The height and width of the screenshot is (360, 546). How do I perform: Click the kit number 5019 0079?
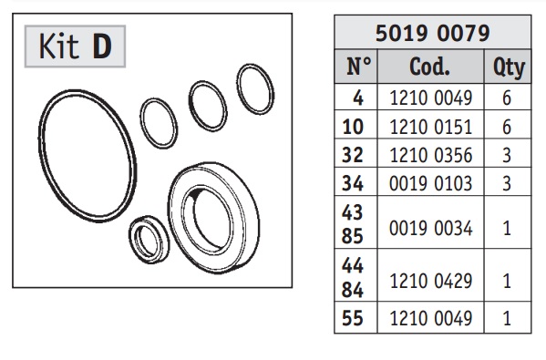(432, 33)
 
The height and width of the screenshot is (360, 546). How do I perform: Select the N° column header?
(359, 67)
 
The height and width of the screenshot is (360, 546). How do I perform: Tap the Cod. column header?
(429, 67)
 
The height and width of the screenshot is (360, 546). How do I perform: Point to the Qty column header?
(509, 67)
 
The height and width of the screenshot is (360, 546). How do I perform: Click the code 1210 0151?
(431, 127)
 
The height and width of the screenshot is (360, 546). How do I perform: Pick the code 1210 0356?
(431, 155)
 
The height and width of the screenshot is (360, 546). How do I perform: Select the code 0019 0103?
(431, 183)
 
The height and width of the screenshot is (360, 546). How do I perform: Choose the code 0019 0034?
(431, 229)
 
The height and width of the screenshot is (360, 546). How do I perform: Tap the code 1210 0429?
(431, 281)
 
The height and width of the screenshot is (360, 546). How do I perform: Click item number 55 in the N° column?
(353, 318)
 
